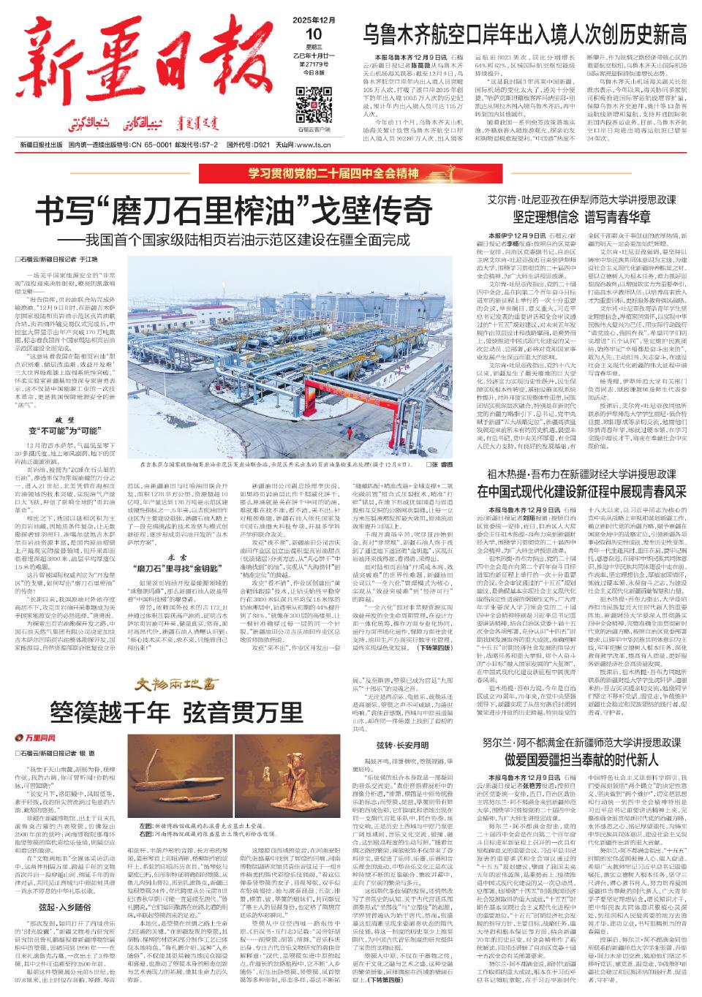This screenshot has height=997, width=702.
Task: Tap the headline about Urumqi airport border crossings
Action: point(526,34)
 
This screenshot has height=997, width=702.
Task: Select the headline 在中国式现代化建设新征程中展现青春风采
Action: point(582,490)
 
